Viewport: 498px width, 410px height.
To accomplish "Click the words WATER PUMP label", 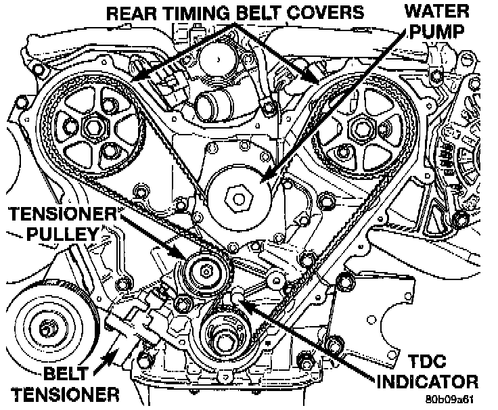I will point(438,20).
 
